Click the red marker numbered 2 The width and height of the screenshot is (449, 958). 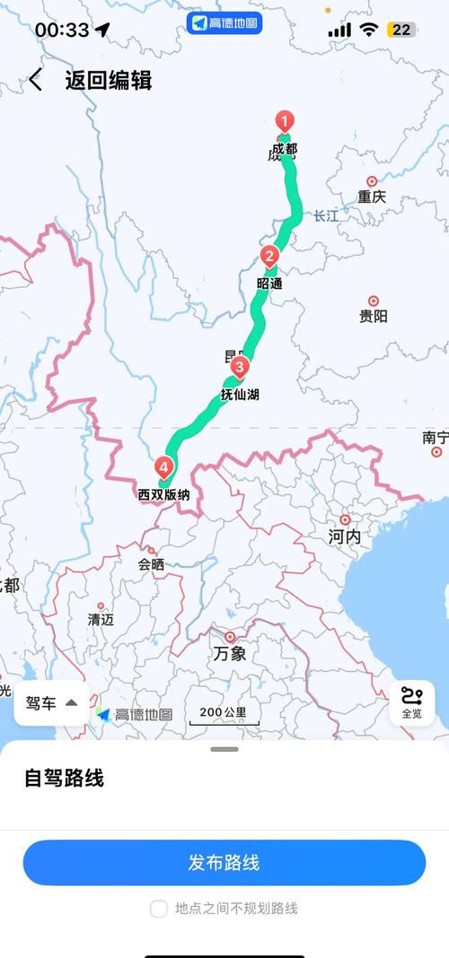(x=269, y=257)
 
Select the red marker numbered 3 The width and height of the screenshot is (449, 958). (x=239, y=367)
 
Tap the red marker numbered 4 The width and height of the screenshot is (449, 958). (x=163, y=467)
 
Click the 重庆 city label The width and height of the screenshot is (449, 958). (x=371, y=196)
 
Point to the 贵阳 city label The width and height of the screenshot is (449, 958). (x=374, y=316)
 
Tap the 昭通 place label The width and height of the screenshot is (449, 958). (x=269, y=283)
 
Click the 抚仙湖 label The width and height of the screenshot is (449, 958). (x=240, y=394)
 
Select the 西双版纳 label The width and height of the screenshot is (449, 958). (x=163, y=494)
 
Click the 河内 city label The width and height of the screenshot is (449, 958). (x=344, y=536)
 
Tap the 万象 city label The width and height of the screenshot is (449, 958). (x=230, y=654)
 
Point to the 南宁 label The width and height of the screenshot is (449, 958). (x=436, y=438)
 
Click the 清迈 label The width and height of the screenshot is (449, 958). (x=101, y=619)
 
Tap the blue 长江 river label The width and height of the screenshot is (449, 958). (x=327, y=215)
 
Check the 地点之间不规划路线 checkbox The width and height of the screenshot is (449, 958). (x=159, y=909)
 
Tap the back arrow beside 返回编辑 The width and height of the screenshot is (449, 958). (x=35, y=80)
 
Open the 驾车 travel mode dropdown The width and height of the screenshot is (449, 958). (x=51, y=702)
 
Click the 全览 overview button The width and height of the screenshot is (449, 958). (x=411, y=702)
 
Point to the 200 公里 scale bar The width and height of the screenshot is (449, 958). (x=223, y=715)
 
